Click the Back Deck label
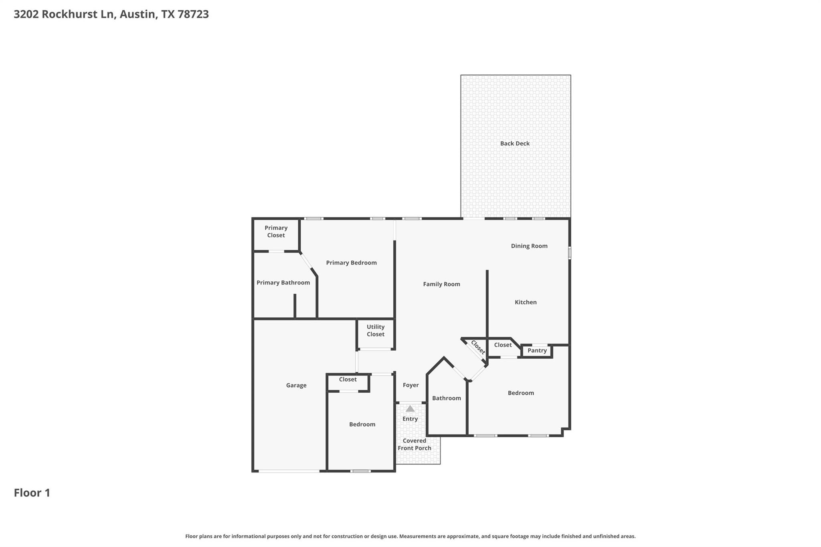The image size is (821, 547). pyautogui.click(x=515, y=143)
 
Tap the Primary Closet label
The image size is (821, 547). pyautogui.click(x=276, y=232)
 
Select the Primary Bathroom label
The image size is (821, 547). pyautogui.click(x=283, y=283)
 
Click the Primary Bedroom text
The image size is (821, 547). pyautogui.click(x=351, y=263)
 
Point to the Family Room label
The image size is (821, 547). pyautogui.click(x=441, y=284)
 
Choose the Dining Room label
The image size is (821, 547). pyautogui.click(x=529, y=246)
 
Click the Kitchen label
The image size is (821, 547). pyautogui.click(x=526, y=302)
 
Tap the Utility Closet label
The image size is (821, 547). pyautogui.click(x=375, y=331)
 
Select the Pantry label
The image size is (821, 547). pyautogui.click(x=537, y=351)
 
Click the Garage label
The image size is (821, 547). pyautogui.click(x=296, y=385)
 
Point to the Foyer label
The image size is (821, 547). pyautogui.click(x=410, y=385)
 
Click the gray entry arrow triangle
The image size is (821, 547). pyautogui.click(x=410, y=409)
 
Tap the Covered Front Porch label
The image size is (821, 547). pyautogui.click(x=415, y=444)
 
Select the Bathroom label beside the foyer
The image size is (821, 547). pyautogui.click(x=446, y=398)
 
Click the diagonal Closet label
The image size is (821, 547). pyautogui.click(x=478, y=347)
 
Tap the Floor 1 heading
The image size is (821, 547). pyautogui.click(x=32, y=493)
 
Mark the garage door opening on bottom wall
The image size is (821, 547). pyautogui.click(x=289, y=471)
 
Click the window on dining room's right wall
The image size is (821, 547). pyautogui.click(x=570, y=253)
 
